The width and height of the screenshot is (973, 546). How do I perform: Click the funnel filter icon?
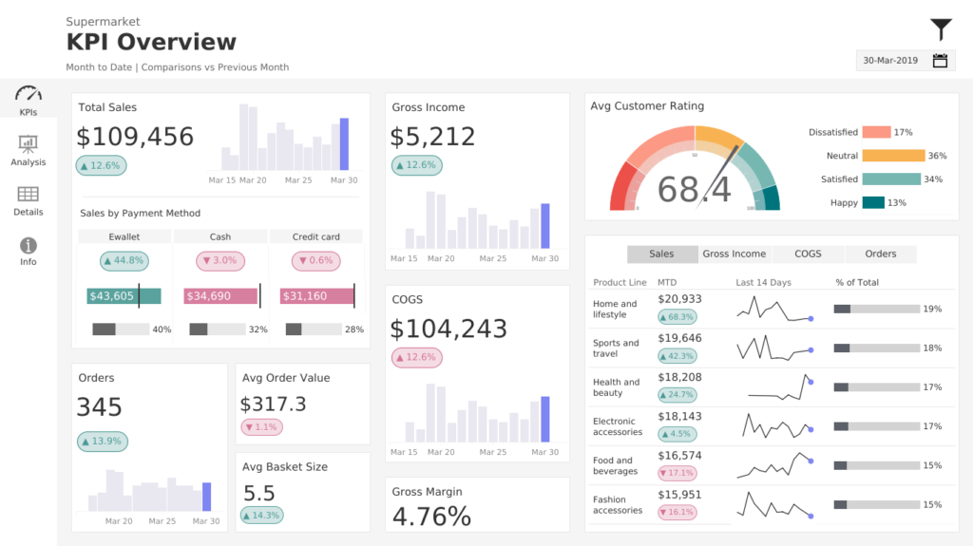coord(940,29)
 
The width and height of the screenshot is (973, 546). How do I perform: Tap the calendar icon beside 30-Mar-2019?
coord(940,61)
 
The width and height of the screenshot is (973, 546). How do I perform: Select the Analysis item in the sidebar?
coord(29,150)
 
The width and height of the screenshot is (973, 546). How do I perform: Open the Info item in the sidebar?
coord(29,251)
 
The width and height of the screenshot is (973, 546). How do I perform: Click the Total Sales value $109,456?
coord(135,137)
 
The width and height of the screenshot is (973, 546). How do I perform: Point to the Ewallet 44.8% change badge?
coord(124,261)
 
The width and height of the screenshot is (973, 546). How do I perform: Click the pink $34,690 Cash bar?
coord(220,296)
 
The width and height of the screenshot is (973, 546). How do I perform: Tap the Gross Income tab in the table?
coord(734,254)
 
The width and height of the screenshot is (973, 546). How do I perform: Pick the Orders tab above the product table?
coord(880,254)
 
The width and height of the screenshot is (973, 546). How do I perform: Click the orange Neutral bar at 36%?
coord(893,156)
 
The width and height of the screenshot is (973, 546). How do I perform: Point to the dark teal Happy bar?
coord(873,202)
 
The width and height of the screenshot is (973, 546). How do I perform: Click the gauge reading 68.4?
coord(694,190)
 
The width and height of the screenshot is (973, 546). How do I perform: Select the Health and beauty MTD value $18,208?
coord(679,376)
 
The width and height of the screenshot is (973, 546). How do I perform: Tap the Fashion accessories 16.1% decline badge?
coord(677,512)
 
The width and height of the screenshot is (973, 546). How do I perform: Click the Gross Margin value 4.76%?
coord(431,517)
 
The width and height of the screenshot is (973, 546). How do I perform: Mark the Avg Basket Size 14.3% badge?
coord(261,516)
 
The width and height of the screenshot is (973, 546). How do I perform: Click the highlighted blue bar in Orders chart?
coord(207,497)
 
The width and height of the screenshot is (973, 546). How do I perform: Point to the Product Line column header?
coord(620,282)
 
